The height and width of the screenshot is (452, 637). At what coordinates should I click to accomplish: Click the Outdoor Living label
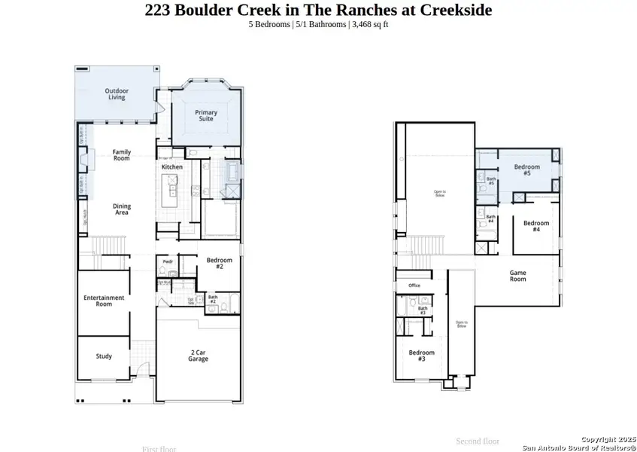click(117, 94)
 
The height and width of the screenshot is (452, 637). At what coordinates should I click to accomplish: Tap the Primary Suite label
click(205, 116)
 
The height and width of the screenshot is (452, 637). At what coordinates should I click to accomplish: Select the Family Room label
click(122, 155)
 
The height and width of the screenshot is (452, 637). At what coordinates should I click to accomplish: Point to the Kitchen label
click(172, 166)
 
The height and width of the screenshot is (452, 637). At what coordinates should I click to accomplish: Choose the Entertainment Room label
click(104, 301)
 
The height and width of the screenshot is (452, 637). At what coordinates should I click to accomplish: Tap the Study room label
click(104, 356)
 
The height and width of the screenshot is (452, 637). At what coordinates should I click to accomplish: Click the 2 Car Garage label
click(199, 356)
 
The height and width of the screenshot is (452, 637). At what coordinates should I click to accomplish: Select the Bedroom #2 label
click(219, 263)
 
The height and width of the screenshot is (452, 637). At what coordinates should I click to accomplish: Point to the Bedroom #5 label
click(527, 169)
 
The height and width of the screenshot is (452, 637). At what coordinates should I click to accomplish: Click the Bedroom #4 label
click(536, 226)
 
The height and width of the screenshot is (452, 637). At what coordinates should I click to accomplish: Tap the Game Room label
click(518, 276)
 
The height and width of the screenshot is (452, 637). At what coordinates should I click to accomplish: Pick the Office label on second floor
click(414, 286)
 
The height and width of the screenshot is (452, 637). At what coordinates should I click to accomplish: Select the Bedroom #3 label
click(421, 356)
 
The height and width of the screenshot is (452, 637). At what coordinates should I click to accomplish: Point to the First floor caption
click(159, 449)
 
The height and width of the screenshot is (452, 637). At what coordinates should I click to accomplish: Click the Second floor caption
click(478, 441)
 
